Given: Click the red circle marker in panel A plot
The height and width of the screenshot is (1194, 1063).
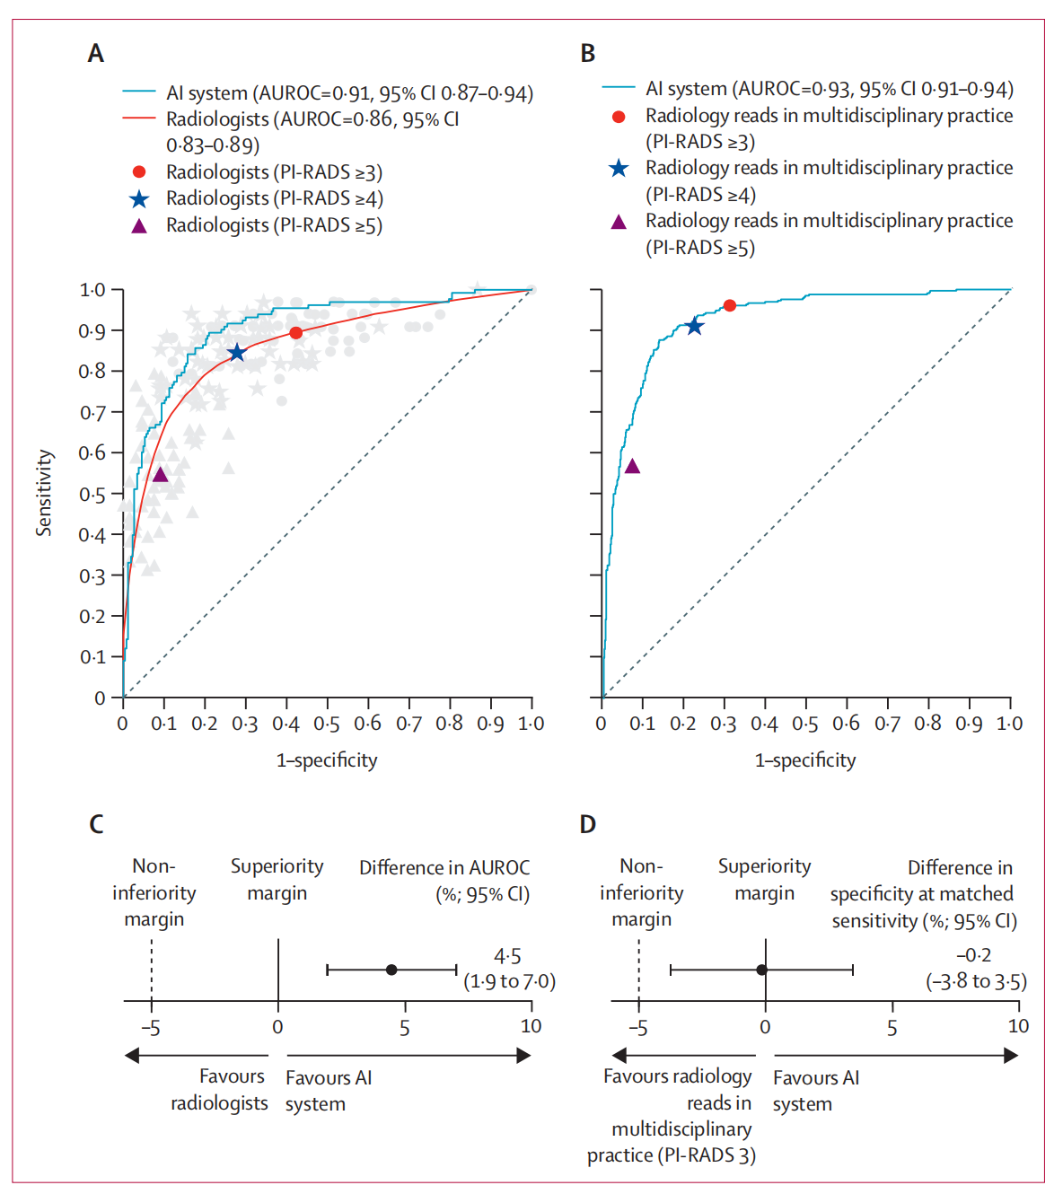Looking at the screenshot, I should [x=295, y=333].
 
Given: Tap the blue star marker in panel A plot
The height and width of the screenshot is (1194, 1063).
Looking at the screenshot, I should [x=236, y=353].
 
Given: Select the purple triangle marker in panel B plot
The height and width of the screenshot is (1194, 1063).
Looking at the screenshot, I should [x=632, y=466].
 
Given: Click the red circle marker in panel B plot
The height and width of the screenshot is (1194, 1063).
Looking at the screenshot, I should [x=729, y=305].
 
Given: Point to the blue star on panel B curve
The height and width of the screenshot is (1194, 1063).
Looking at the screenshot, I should [x=694, y=326].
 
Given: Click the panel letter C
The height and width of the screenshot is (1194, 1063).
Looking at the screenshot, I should [x=96, y=823].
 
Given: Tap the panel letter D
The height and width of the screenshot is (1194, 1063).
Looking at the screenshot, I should [x=588, y=823].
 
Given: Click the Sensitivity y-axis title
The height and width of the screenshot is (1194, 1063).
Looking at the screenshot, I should [x=44, y=493].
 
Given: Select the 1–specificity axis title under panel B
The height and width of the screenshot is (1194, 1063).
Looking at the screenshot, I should [x=805, y=760].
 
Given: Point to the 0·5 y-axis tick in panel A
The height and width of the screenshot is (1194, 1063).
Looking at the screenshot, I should [x=92, y=495].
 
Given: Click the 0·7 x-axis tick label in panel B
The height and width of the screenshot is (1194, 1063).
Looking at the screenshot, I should [x=887, y=724].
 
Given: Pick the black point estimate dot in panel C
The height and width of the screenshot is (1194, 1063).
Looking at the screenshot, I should [x=391, y=970].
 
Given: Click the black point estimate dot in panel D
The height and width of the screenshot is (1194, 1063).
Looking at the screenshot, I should [x=761, y=970].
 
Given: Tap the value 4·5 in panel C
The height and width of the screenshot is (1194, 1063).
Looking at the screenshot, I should [x=507, y=956].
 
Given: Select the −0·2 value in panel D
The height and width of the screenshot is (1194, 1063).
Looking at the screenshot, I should [x=974, y=955].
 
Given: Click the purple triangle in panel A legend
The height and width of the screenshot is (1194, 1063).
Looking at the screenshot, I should [x=139, y=225].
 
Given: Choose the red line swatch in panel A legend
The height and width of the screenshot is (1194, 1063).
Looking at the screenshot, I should [x=139, y=119].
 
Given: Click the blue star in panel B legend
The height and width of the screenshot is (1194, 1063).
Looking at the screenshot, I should [x=619, y=168].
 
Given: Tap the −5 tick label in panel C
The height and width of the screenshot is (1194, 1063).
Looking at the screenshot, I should [x=151, y=1027].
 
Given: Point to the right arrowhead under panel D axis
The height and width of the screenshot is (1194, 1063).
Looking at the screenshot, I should [x=1011, y=1056].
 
